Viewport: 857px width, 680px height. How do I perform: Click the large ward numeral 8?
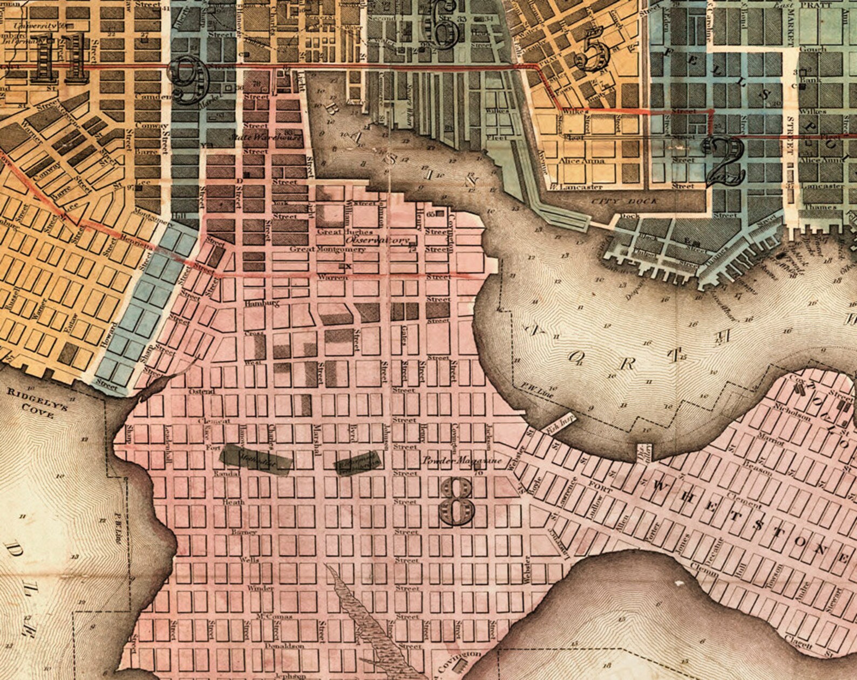coord(457,501)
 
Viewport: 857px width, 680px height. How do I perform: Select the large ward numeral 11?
coord(57,58)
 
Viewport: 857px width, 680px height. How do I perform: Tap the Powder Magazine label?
coord(462,461)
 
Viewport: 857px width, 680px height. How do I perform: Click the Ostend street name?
coord(201,391)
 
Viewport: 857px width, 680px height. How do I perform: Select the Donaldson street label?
coord(284,645)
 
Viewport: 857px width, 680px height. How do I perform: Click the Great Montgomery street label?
coord(328,249)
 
